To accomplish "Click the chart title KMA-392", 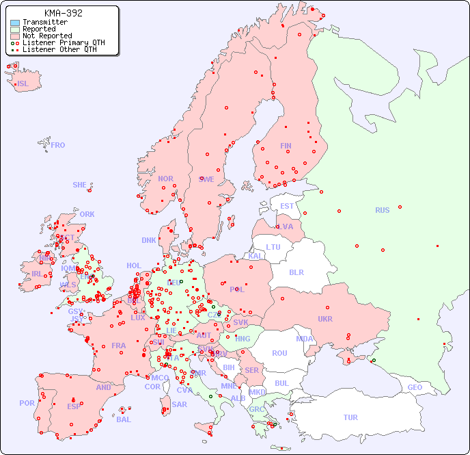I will (x=63, y=13).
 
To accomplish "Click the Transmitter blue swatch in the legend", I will (x=15, y=23).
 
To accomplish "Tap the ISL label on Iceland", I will (x=23, y=84).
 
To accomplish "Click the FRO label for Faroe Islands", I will (x=58, y=145).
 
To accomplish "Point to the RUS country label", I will (x=382, y=210).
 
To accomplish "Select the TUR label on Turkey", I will (x=350, y=417).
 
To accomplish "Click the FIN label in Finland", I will (x=286, y=146).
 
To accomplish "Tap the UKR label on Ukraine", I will (x=324, y=319).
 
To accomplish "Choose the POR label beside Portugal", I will (x=27, y=403).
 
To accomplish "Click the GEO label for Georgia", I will (x=415, y=387).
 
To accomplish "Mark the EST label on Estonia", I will (x=287, y=206).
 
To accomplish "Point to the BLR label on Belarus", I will (x=296, y=272).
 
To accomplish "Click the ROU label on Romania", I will (x=279, y=353).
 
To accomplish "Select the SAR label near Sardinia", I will (x=179, y=404).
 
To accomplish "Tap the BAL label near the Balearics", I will (x=123, y=419).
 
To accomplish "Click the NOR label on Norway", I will (x=165, y=179).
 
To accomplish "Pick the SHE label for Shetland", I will (x=79, y=185).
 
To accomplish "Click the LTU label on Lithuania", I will (x=273, y=247).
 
